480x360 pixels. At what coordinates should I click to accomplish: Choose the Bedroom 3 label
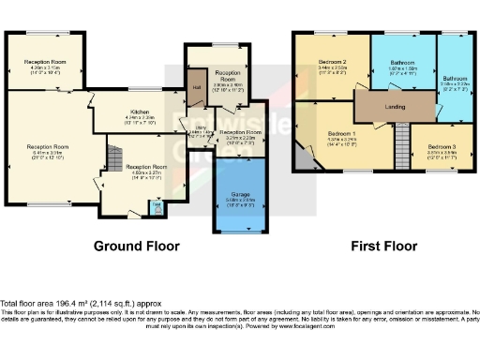tap(442, 147)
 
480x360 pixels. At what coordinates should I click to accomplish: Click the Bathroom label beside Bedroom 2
tap(403, 63)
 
